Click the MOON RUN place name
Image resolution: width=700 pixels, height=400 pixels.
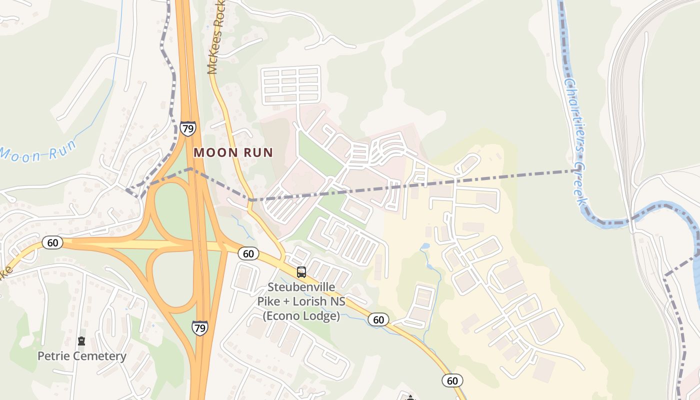pyautogui.click(x=233, y=152)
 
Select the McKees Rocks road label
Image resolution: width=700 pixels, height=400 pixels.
pyautogui.click(x=217, y=37)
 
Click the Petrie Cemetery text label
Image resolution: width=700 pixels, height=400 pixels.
pyautogui.click(x=82, y=356)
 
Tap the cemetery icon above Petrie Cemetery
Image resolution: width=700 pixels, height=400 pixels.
pyautogui.click(x=81, y=341)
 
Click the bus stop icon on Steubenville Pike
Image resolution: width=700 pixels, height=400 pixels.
pyautogui.click(x=301, y=272)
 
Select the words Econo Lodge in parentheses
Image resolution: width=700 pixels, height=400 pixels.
pyautogui.click(x=301, y=316)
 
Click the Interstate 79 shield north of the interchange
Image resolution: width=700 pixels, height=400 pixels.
pyautogui.click(x=188, y=128)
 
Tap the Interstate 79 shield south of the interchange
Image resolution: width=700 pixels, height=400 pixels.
pyautogui.click(x=199, y=327)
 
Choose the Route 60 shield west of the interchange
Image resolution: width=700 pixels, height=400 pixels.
pyautogui.click(x=52, y=243)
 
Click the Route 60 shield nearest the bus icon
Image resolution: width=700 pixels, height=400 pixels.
pyautogui.click(x=248, y=253)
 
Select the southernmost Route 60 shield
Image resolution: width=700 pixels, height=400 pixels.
pyautogui.click(x=452, y=380)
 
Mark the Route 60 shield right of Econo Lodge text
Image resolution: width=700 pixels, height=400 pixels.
pyautogui.click(x=378, y=319)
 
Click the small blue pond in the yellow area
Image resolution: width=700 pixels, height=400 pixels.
pyautogui.click(x=425, y=246)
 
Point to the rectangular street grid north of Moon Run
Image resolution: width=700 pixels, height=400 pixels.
pyautogui.click(x=290, y=85)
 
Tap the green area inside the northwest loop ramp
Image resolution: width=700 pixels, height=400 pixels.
pyautogui.click(x=170, y=210)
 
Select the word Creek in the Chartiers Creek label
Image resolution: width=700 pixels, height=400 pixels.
pyautogui.click(x=580, y=185)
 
